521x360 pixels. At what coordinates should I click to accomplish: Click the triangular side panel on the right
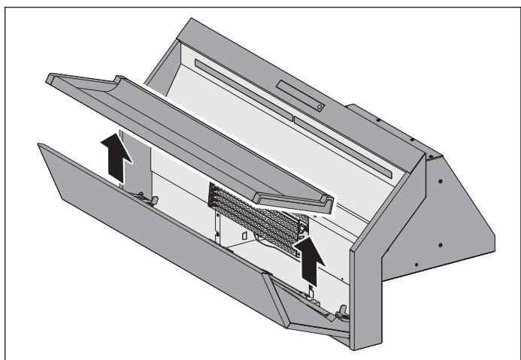451,218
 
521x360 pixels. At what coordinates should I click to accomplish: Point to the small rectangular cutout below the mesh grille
245,236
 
